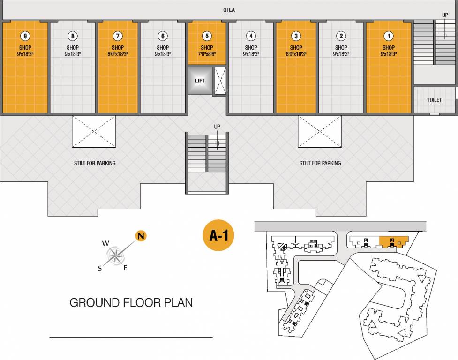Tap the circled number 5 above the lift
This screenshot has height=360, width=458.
click(207, 36)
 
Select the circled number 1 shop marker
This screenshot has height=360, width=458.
click(388, 36)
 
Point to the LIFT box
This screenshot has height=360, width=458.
click(200, 81)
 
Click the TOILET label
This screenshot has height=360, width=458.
click(434, 100)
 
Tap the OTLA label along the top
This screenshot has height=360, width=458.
click(229, 10)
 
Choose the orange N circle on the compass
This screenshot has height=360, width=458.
click(140, 236)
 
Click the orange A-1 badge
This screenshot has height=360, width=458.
click(218, 236)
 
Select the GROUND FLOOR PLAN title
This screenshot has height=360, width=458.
click(131, 302)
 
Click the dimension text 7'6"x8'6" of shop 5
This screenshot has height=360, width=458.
click(207, 54)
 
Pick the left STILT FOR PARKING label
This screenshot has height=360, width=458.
click(95, 163)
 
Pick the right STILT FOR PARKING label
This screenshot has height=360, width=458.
click(320, 163)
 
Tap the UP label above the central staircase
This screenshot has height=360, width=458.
click(217, 127)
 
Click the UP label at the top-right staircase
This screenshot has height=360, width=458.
click(445, 15)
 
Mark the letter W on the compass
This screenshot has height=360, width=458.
click(105, 243)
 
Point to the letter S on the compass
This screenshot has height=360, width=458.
click(100, 268)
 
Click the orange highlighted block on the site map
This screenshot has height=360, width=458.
click(392, 242)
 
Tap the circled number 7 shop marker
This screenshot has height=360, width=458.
click(118, 36)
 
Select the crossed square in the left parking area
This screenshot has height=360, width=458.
click(93, 131)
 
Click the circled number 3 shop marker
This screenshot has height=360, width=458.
click(296, 36)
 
